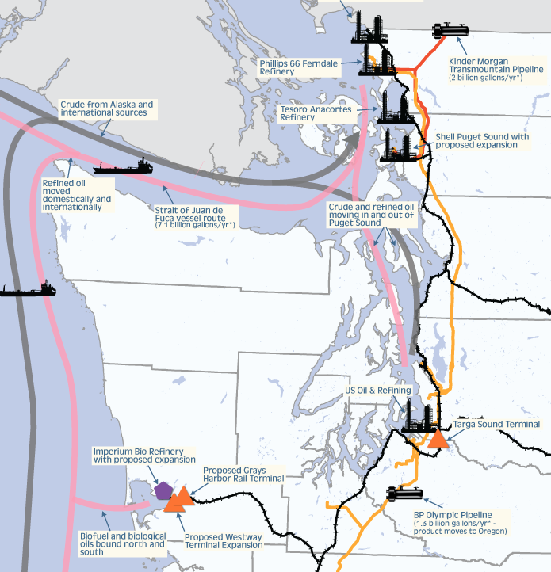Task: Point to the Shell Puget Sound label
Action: coord(482,140)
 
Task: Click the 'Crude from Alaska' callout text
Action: coord(106,109)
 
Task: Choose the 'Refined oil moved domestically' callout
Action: coord(77,194)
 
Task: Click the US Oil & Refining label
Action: coord(377,391)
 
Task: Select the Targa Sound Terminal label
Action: coord(496,425)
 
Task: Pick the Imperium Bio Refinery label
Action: coord(143,455)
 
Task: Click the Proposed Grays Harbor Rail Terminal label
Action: coord(243,474)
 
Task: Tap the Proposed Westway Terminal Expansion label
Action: coord(223,541)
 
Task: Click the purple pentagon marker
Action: coord(163,490)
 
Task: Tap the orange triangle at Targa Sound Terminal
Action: coord(437,439)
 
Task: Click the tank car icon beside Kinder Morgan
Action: coord(450,31)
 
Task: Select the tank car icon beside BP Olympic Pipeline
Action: coord(404,494)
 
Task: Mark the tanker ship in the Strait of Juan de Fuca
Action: coord(122,166)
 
